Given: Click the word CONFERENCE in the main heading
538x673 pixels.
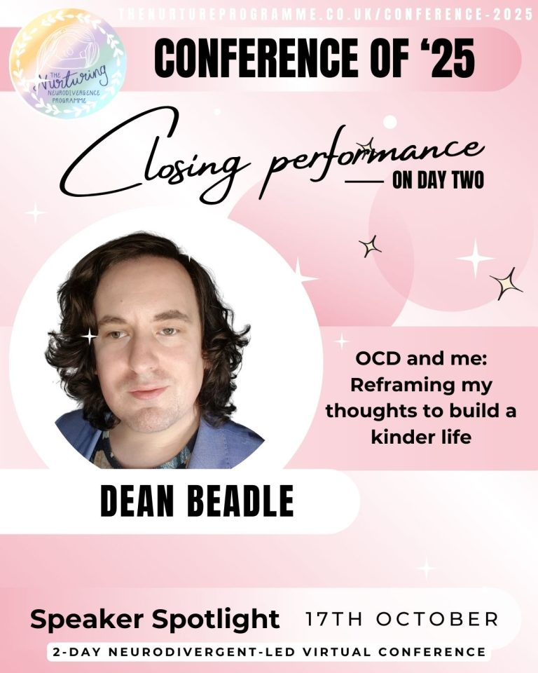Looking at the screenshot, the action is pyautogui.click(x=255, y=58).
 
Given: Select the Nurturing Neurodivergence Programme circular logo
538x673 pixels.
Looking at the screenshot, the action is pyautogui.click(x=68, y=63).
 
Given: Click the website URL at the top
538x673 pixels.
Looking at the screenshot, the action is pyautogui.click(x=326, y=15).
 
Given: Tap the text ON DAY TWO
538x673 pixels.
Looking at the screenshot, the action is pyautogui.click(x=438, y=181).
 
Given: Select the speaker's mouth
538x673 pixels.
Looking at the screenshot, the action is pyautogui.click(x=147, y=392).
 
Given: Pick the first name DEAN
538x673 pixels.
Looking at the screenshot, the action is pyautogui.click(x=137, y=501).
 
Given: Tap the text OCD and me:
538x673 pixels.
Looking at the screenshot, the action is pyautogui.click(x=421, y=358).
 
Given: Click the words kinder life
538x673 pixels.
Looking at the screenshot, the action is pyautogui.click(x=421, y=437).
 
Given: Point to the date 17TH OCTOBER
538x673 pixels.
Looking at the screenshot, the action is pyautogui.click(x=402, y=619).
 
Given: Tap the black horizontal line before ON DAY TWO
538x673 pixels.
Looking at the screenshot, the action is pyautogui.click(x=364, y=182).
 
